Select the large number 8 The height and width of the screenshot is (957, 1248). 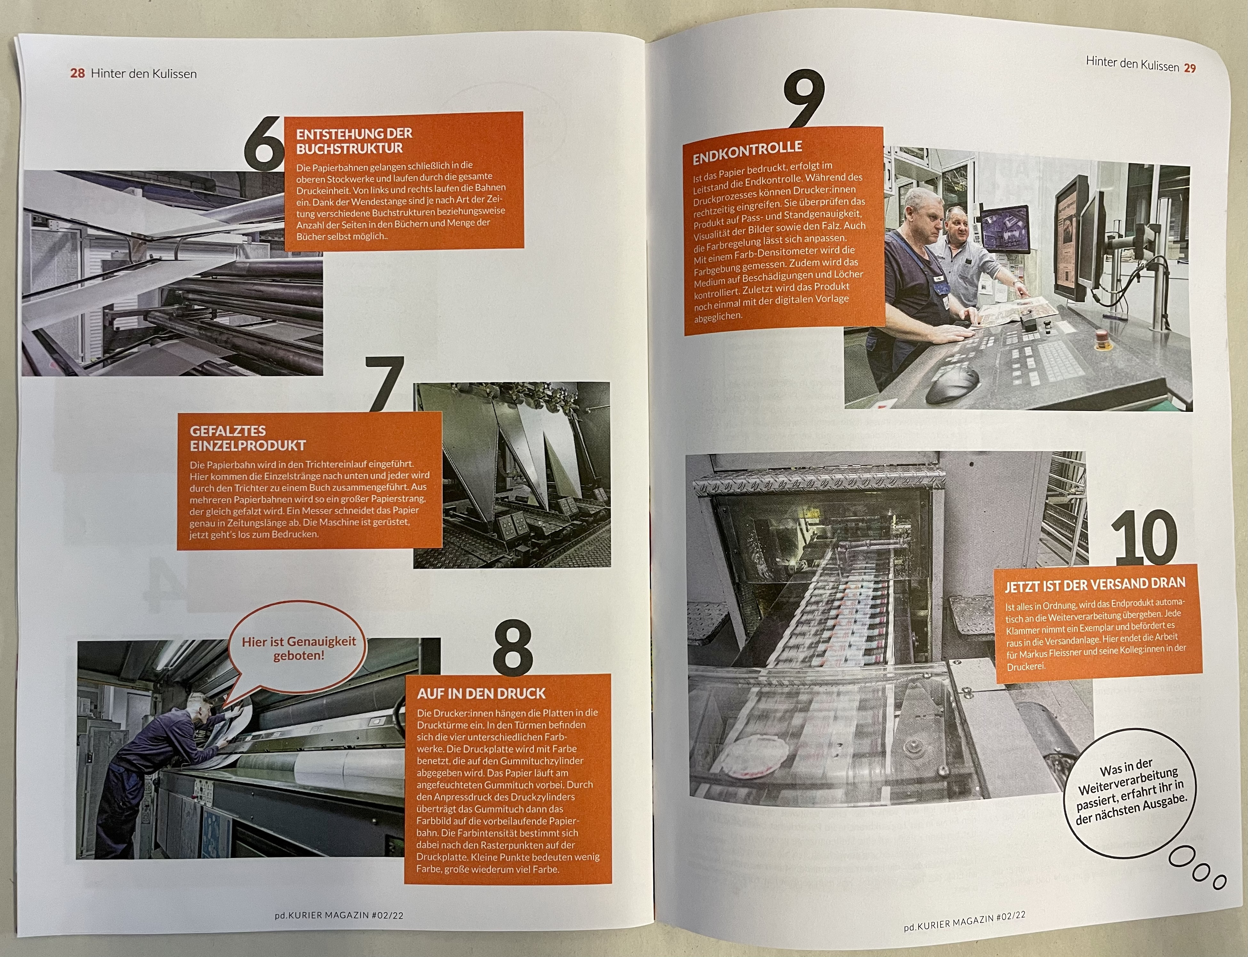click(x=513, y=647)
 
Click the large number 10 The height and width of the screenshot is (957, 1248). click(x=1143, y=537)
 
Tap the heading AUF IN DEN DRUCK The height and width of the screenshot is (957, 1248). click(x=481, y=693)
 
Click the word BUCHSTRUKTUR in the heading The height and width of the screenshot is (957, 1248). click(x=349, y=148)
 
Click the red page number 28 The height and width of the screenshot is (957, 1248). click(x=77, y=73)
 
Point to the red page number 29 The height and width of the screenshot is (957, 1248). click(x=1190, y=68)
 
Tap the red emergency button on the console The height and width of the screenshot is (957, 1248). click(x=1102, y=342)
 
